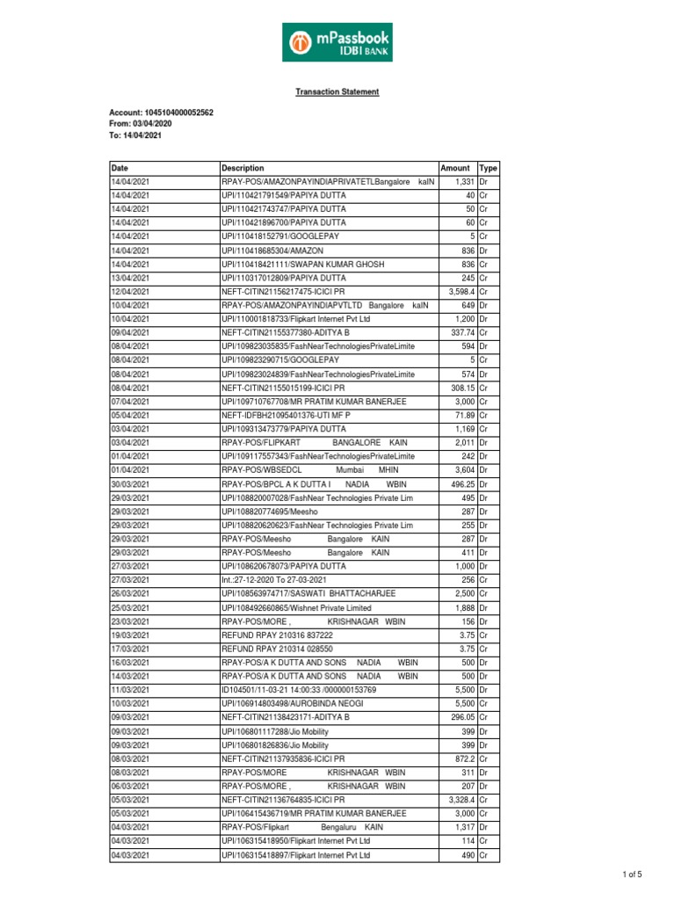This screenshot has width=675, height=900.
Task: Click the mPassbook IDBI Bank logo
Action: pos(337,42)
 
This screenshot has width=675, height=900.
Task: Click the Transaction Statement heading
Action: pos(337,91)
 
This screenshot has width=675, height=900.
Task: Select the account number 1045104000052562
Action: pos(161,113)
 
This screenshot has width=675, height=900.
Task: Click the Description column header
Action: pos(243,167)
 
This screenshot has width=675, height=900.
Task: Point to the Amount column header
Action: pos(455,167)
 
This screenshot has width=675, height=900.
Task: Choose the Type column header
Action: pos(487,167)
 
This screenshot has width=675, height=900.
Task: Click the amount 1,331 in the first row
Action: pos(464,181)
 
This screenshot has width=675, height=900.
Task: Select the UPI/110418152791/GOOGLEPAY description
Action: pos(280,236)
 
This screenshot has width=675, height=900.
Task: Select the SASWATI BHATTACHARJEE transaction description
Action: pos(308,594)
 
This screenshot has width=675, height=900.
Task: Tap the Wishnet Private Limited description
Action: pos(296,607)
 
